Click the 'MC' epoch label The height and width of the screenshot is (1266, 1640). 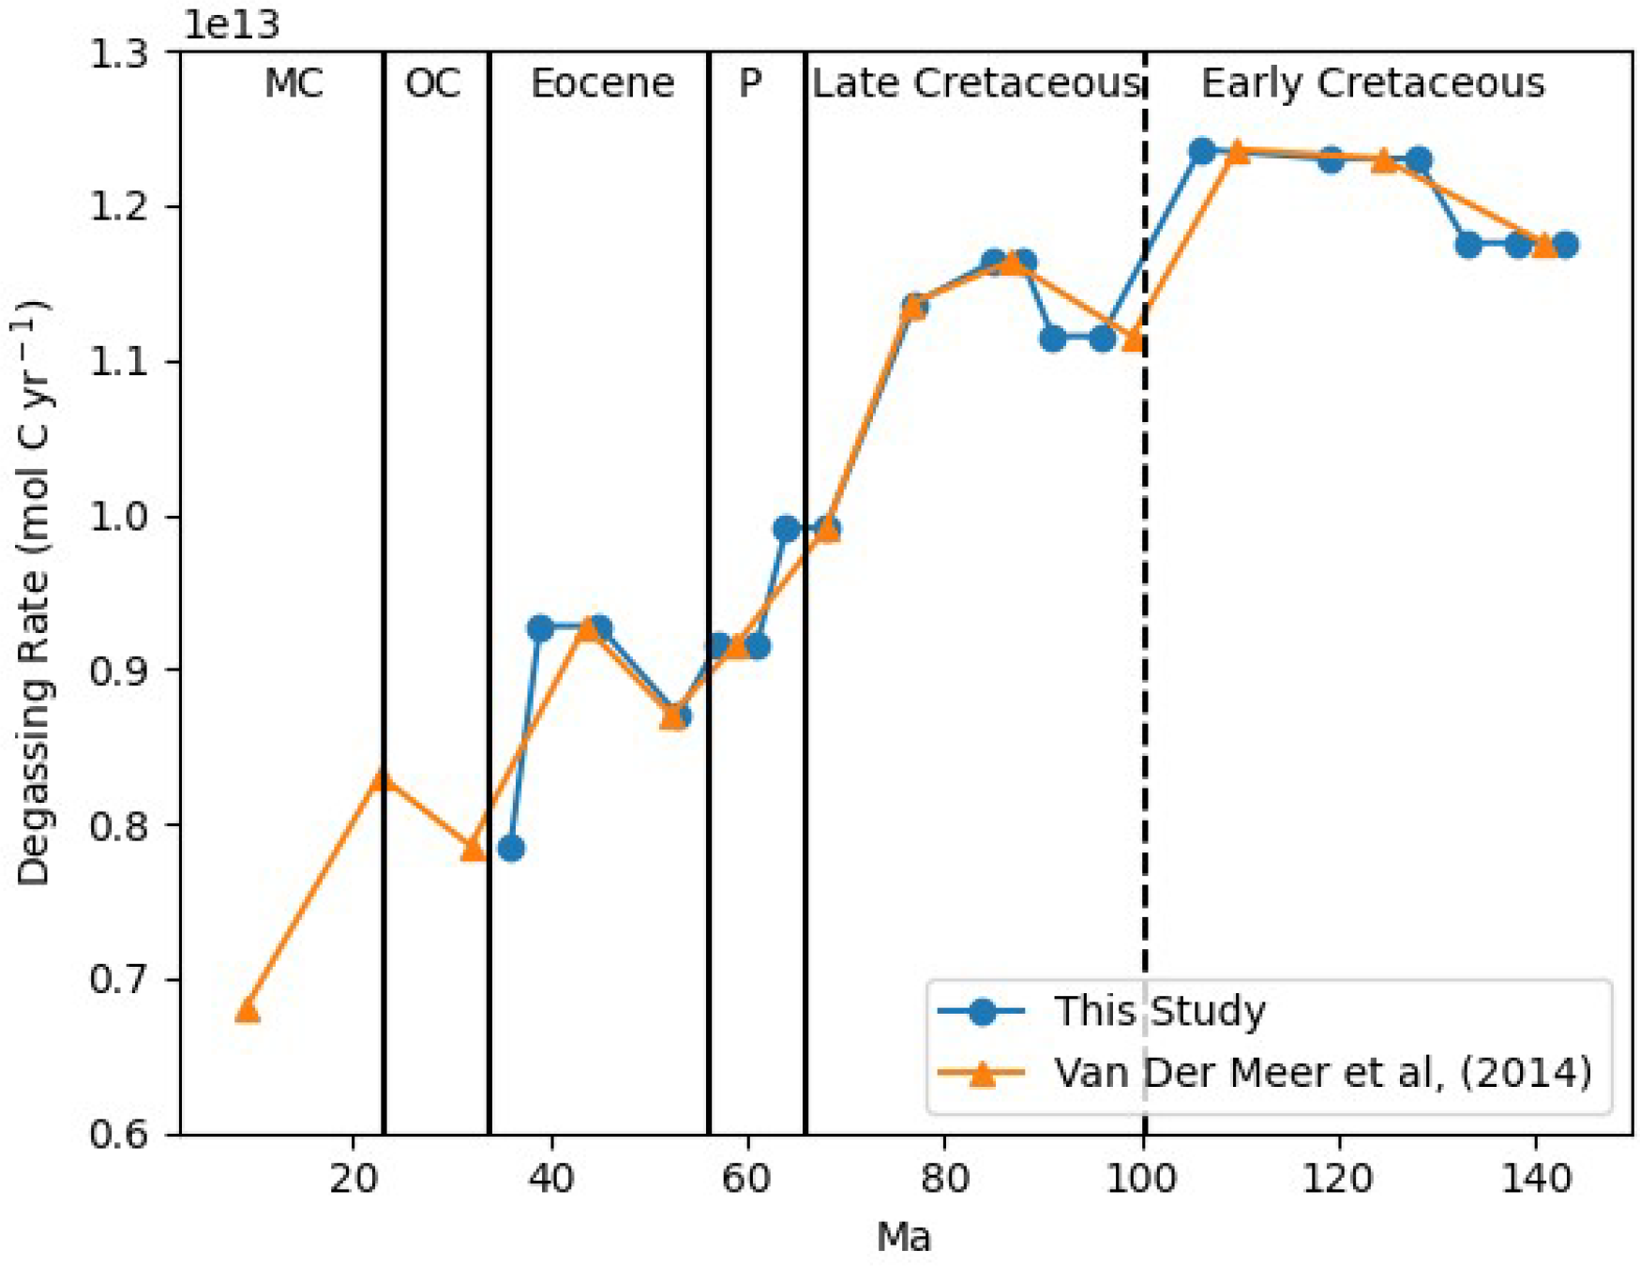point(293,83)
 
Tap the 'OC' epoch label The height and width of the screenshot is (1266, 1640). point(432,83)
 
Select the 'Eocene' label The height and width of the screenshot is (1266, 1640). point(602,83)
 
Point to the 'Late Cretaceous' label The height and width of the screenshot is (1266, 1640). point(975,83)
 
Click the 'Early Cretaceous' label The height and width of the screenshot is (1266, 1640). point(1373,83)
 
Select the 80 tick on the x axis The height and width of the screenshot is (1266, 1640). point(944,1178)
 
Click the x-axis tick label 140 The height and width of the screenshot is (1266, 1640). point(1535,1178)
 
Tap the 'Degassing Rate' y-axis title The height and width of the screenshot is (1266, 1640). point(34,593)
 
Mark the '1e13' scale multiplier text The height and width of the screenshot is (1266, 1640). point(232,25)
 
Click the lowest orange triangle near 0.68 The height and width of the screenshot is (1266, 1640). point(248,1010)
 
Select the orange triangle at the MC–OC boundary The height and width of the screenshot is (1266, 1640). point(382,779)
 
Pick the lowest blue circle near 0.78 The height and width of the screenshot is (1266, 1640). point(511,849)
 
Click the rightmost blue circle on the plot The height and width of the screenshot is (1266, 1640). point(1565,246)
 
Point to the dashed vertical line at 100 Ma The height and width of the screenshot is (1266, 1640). point(1145,656)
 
